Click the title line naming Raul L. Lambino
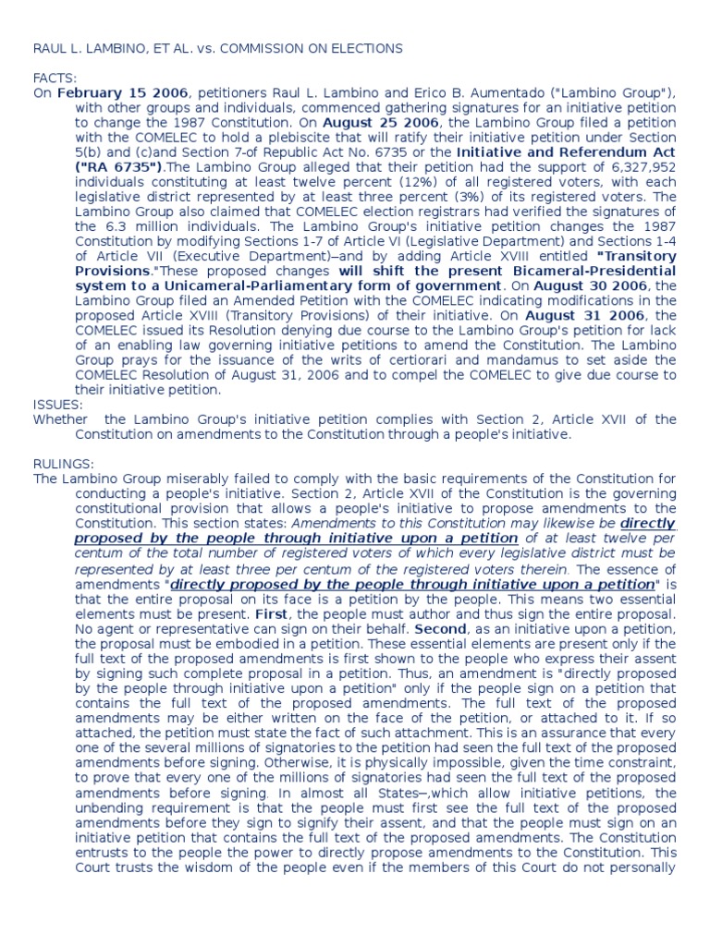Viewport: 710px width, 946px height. (x=217, y=48)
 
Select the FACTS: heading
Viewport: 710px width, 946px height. (x=55, y=79)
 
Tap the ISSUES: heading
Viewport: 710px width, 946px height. (x=58, y=405)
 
